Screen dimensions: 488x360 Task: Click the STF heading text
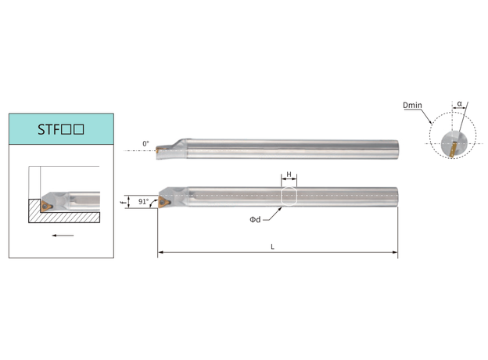61,130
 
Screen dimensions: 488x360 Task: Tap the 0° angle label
145,144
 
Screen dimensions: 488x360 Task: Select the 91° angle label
143,201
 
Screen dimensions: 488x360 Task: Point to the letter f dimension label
122,203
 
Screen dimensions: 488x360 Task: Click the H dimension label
289,175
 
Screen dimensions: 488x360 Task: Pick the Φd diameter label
255,220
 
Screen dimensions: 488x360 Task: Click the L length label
272,247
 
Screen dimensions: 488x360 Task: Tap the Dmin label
412,105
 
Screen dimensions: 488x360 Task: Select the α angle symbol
460,104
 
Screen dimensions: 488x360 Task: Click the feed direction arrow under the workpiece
63,236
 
